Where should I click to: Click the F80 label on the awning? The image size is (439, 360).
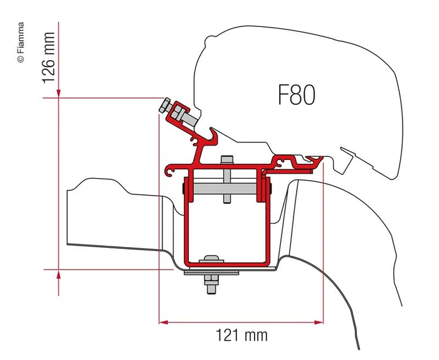coord(296,95)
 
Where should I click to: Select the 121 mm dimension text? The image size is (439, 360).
coord(240,336)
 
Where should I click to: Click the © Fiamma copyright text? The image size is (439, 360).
coord(20,42)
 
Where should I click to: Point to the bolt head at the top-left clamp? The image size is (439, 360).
coord(166,104)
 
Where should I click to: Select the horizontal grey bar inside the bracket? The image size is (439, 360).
coord(223,188)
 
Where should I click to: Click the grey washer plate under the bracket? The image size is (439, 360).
coord(211,273)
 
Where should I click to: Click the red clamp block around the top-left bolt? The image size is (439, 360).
coord(181,113)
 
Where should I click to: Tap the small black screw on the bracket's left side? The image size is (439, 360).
coord(182,188)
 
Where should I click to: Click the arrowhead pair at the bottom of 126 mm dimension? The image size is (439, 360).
coord(58,270)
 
